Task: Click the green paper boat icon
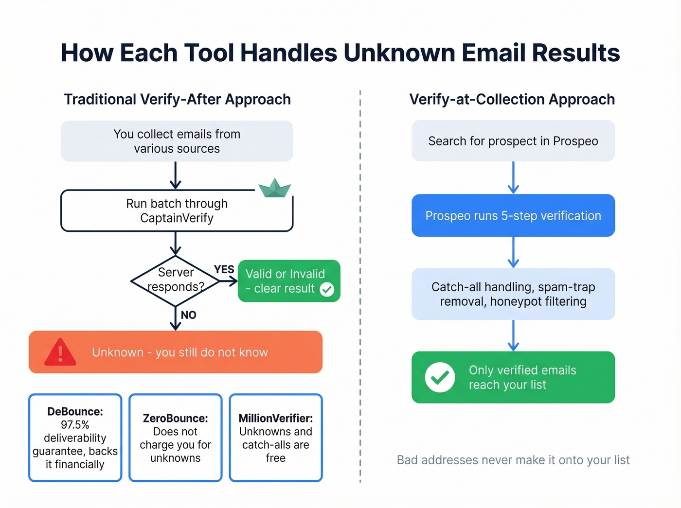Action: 275,189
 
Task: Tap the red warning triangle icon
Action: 60,352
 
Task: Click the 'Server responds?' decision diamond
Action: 176,280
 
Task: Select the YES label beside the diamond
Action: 224,269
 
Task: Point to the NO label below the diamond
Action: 188,315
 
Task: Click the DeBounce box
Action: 75,438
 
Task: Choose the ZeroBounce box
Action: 175,438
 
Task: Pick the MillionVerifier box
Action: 275,438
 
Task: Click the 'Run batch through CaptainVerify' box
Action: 177,210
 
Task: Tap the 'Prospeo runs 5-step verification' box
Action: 513,215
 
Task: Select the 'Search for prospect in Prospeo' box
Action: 513,141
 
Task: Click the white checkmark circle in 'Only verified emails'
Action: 440,377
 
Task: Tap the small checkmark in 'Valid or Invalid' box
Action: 327,290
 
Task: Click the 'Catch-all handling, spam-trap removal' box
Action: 513,294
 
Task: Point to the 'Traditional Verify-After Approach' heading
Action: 177,99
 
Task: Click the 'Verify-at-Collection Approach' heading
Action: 512,99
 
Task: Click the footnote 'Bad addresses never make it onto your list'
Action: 513,460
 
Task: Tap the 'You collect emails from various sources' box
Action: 177,141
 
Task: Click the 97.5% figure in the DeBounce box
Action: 75,424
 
